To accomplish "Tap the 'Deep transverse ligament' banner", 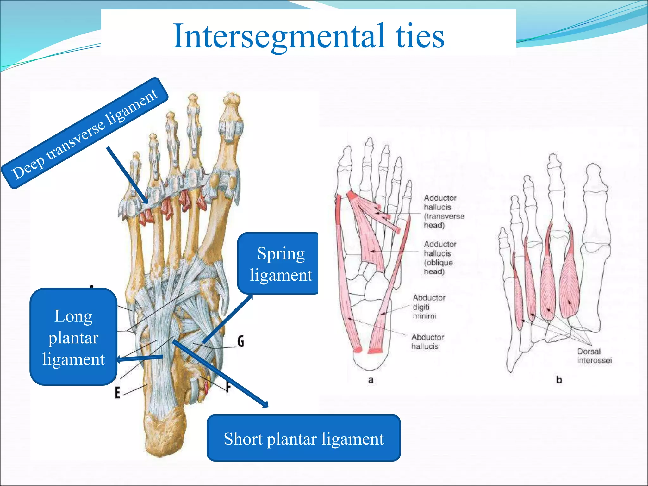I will (85, 133).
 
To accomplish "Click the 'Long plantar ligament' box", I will (73, 337).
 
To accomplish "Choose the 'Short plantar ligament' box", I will (304, 438).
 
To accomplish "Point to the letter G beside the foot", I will (241, 341).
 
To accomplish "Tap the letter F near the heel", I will (227, 386).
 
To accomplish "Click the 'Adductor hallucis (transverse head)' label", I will (444, 211).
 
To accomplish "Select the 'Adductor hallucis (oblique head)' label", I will (440, 258).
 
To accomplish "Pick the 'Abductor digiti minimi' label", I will (428, 307).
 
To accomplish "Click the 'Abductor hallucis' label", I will (427, 341).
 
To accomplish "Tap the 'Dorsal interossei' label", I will (594, 356).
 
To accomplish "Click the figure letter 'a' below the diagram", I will (371, 380).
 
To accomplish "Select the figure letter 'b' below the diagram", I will (559, 380).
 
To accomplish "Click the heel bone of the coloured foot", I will (165, 430).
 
